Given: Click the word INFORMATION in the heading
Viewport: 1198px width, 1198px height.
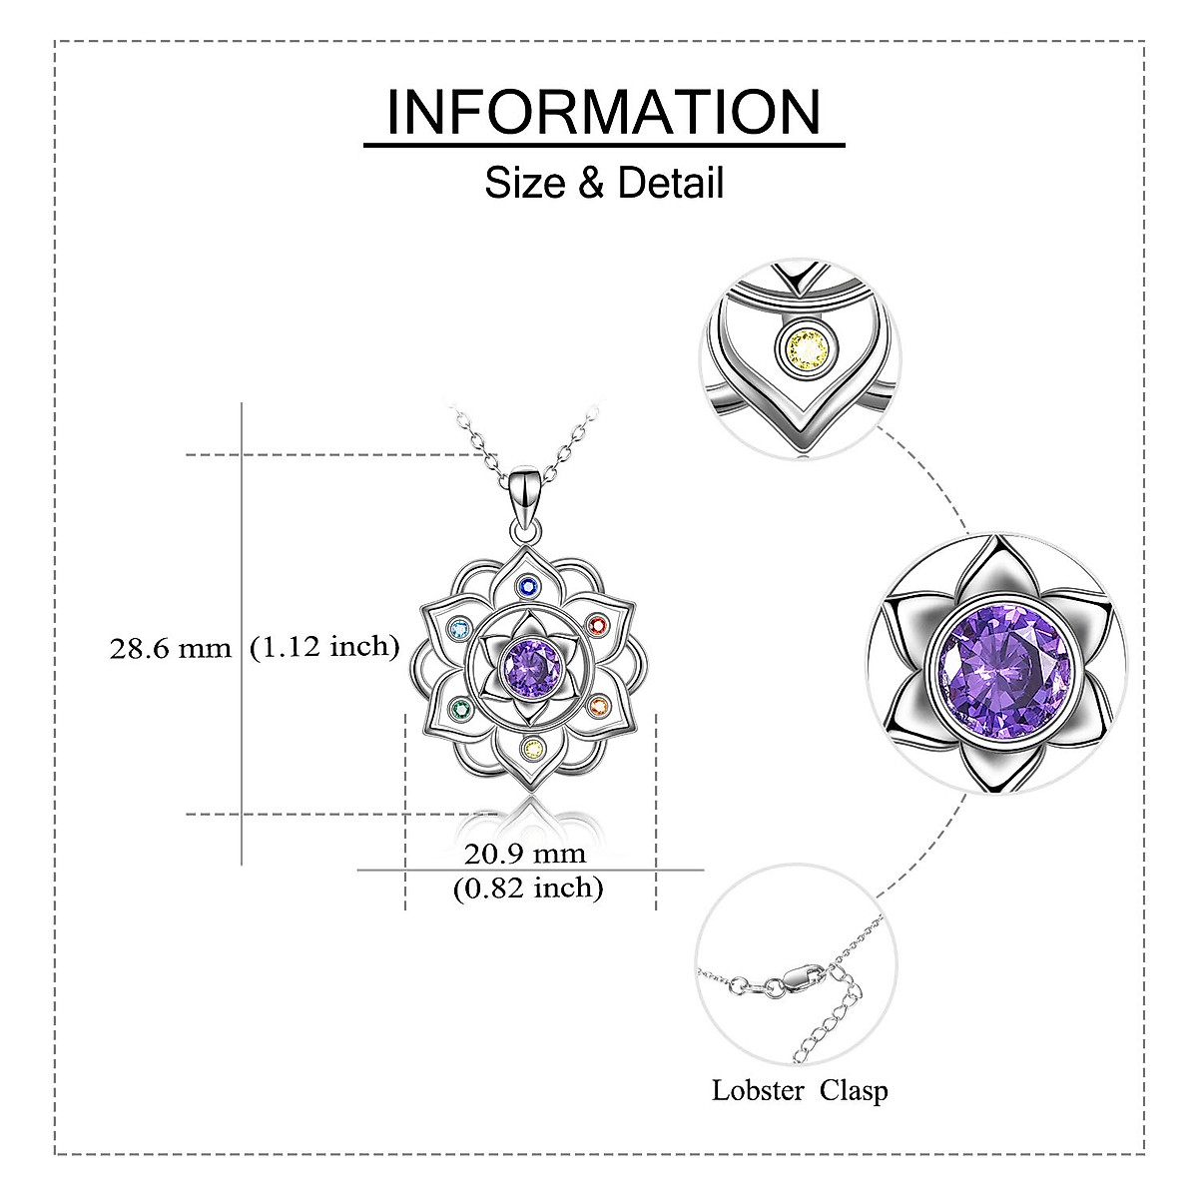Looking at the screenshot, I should [603, 112].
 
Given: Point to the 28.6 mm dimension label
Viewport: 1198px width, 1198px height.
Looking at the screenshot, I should [170, 649].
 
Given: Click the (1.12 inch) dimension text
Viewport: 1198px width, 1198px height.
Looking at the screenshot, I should [324, 647].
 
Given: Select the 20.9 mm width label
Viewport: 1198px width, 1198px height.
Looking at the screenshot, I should [525, 855].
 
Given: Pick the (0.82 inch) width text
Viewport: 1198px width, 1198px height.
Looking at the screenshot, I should [528, 887].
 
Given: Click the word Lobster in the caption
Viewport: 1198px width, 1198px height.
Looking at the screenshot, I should [759, 1091].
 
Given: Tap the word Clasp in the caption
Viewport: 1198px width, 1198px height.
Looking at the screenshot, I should [854, 1091].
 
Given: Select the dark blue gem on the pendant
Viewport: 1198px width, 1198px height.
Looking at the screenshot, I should [530, 587].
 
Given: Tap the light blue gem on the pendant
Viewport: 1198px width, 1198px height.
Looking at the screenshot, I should [459, 629].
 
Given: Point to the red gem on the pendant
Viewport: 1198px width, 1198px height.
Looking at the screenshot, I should [598, 626].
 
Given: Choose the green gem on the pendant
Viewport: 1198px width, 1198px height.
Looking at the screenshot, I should [459, 710].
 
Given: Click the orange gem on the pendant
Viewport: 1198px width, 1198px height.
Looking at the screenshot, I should [598, 707].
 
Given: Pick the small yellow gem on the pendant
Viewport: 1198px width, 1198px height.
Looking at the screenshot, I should [534, 748].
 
